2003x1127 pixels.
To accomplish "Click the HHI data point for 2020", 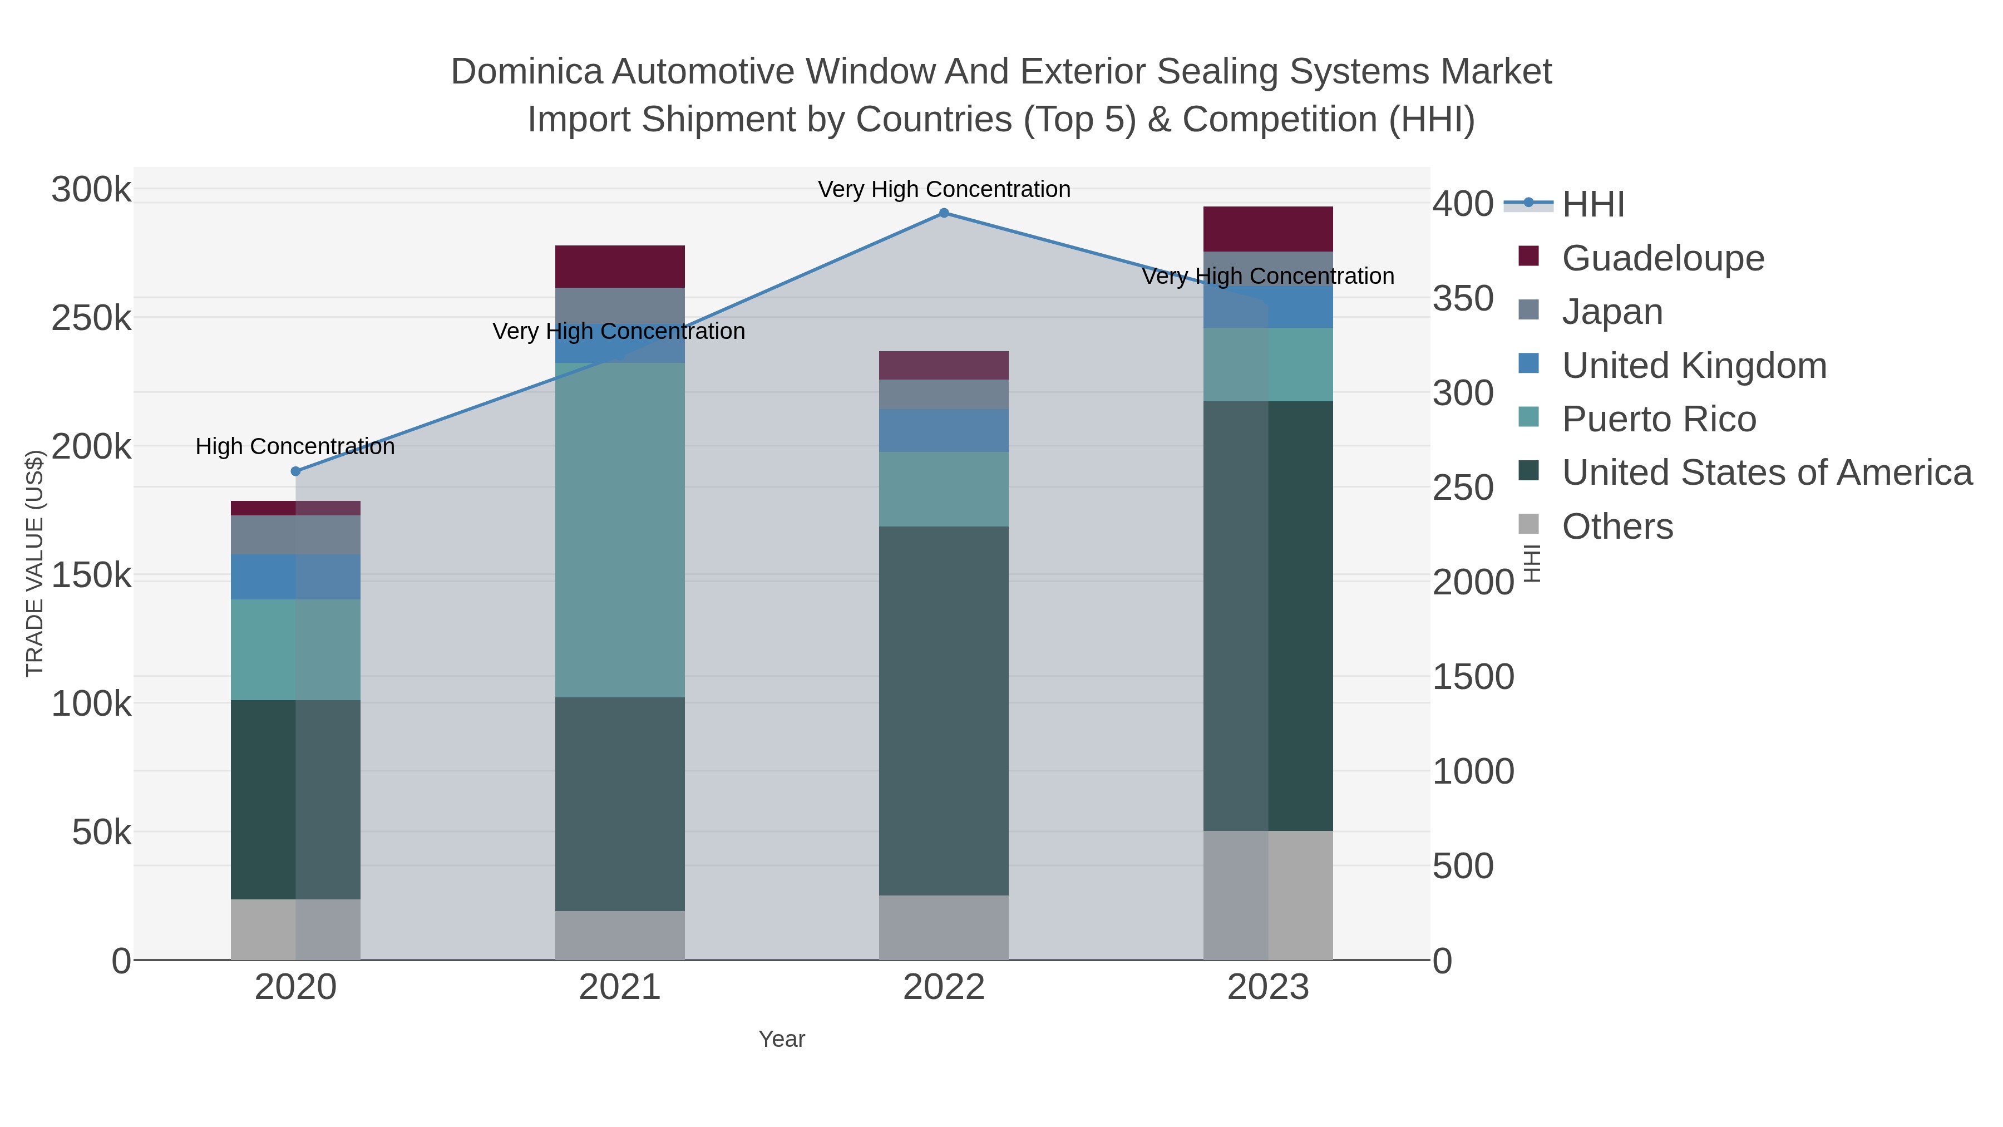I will coord(295,471).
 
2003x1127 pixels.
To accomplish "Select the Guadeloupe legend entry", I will coord(1662,258).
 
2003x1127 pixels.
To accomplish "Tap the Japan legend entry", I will coord(1612,312).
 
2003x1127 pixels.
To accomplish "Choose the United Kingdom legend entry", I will coord(1694,366).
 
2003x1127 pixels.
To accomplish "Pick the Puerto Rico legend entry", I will coord(1659,419).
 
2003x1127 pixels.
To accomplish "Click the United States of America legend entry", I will coord(1767,473).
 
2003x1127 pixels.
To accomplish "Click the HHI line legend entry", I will coord(1592,205).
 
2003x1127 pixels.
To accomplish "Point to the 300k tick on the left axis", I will coord(91,190).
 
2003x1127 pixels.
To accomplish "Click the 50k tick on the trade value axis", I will coord(101,833).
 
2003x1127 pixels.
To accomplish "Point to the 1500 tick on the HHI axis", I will coord(1473,677).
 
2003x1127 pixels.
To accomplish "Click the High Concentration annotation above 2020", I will coord(295,446).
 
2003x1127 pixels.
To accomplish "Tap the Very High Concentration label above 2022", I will coord(944,189).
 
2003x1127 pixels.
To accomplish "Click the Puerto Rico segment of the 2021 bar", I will coord(620,529).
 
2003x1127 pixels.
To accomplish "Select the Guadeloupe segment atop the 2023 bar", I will coord(1267,229).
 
